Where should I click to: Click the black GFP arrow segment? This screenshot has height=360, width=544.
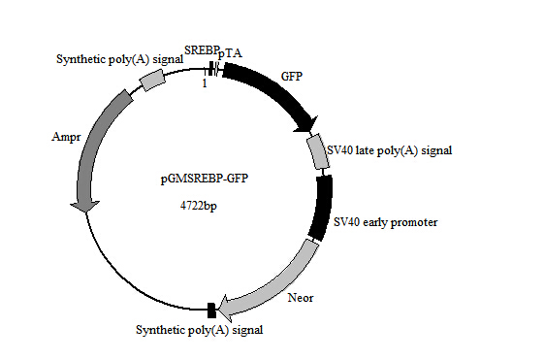point(276,92)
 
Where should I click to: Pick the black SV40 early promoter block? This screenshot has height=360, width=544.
point(319,206)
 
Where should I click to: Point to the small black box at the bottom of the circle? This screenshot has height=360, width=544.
point(211,310)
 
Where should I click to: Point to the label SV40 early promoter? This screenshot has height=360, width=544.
point(385,222)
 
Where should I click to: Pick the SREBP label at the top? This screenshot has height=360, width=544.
point(202,50)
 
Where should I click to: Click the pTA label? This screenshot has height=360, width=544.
point(231,53)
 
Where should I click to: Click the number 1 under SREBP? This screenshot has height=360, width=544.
point(204,83)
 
